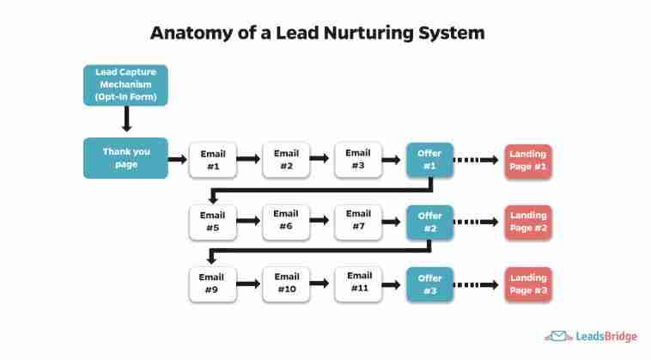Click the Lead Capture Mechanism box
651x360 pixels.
click(125, 86)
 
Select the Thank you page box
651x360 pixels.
click(125, 158)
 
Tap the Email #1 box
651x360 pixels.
click(213, 160)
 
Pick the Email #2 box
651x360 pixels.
click(286, 159)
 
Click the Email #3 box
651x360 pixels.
click(358, 159)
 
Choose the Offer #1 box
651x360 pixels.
click(429, 160)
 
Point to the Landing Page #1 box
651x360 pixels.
click(527, 161)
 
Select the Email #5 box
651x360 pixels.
click(213, 222)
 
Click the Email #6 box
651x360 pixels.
click(286, 220)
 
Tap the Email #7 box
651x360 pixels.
click(358, 220)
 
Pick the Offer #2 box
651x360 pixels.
click(429, 222)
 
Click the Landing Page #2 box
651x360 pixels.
click(527, 222)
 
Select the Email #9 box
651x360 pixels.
click(213, 284)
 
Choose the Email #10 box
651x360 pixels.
click(286, 283)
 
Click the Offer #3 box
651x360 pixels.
click(429, 284)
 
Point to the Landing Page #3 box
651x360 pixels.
click(527, 284)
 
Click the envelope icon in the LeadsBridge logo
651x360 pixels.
click(555, 337)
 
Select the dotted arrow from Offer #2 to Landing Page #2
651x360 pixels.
click(476, 222)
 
